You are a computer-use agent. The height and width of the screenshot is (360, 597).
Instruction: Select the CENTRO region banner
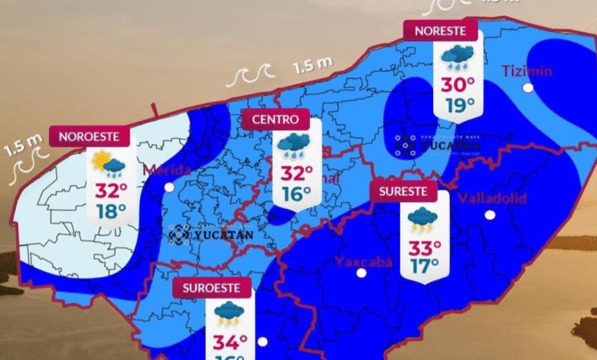point(276,119)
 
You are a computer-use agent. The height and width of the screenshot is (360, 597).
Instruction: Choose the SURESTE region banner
point(403,191)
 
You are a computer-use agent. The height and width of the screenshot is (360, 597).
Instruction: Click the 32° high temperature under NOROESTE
point(111,191)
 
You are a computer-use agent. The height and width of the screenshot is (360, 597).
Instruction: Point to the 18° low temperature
point(111,211)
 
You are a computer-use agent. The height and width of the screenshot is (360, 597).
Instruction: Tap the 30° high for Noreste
point(457,84)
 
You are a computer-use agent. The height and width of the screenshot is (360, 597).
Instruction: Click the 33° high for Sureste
point(423,247)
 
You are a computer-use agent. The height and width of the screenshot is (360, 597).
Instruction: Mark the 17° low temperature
point(423,267)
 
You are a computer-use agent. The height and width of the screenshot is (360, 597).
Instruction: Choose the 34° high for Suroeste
point(230,341)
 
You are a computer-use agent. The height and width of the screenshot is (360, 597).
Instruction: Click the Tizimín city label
point(527,71)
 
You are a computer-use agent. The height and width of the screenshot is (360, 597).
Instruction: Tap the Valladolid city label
point(492,198)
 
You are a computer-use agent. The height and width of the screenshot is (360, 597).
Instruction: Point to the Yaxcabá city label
point(363,262)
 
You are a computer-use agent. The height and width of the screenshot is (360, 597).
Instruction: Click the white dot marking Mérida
point(169,186)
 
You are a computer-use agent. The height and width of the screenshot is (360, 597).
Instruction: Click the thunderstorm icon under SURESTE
point(422,218)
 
